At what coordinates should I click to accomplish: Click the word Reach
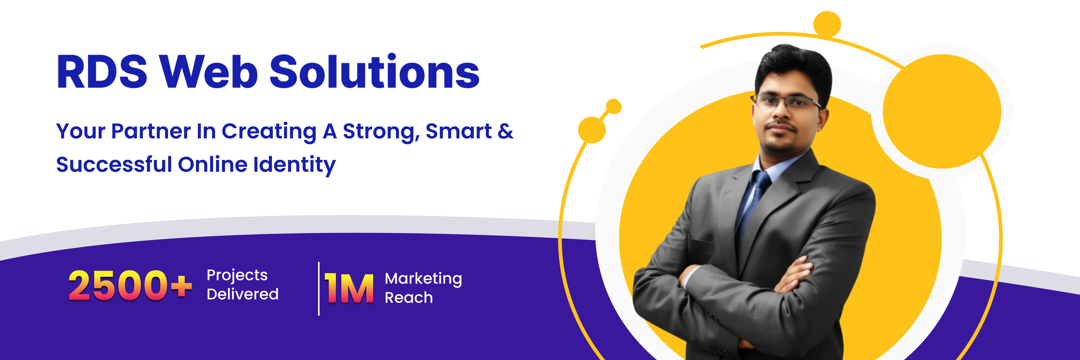click(409, 298)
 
